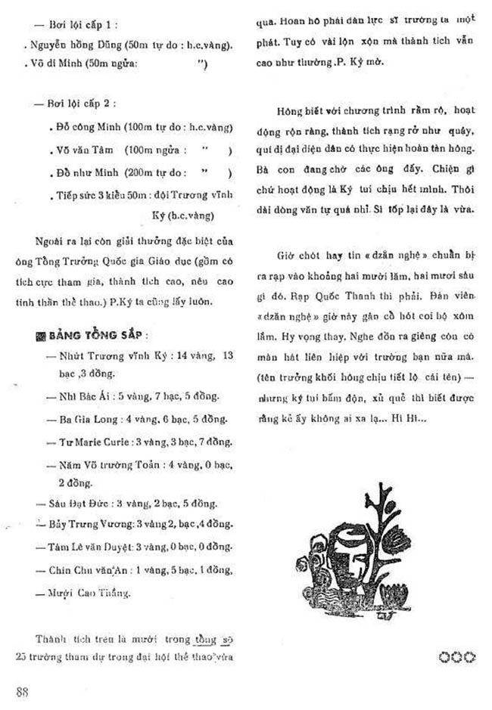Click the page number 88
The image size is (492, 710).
point(22,691)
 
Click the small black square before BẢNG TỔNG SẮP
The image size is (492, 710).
point(41,336)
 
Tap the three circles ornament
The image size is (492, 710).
point(456,657)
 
